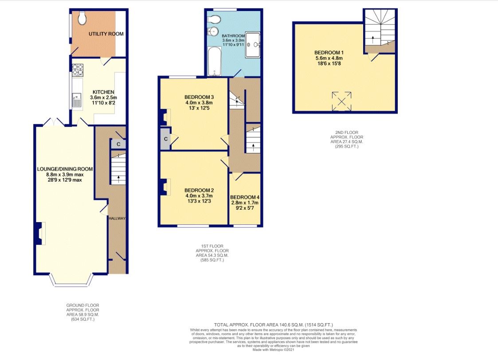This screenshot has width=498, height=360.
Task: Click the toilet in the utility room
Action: point(82,18)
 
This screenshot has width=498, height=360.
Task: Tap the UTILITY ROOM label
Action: point(106,34)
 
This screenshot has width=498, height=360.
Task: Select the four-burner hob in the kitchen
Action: point(78,70)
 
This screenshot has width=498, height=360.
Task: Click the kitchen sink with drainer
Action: point(77,100)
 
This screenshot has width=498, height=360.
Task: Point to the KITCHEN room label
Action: point(103,92)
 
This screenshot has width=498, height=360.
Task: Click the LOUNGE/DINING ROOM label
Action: point(65,169)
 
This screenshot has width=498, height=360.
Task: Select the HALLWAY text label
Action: point(117,219)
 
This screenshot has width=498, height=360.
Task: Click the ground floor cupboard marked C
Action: point(118,144)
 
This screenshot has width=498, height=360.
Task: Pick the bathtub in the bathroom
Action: point(215,61)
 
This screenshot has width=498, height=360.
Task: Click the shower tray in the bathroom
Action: point(253,45)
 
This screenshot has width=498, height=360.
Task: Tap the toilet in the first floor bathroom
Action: point(214,20)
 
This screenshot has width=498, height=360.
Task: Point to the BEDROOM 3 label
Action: point(199,97)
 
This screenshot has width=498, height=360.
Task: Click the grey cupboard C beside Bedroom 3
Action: point(165,139)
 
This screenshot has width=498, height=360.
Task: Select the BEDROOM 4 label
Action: point(245,197)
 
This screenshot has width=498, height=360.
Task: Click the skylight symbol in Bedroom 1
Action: point(342,101)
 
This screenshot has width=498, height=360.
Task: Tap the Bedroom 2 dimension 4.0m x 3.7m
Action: point(199,196)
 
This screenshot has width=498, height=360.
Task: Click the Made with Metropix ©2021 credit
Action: point(274,350)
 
